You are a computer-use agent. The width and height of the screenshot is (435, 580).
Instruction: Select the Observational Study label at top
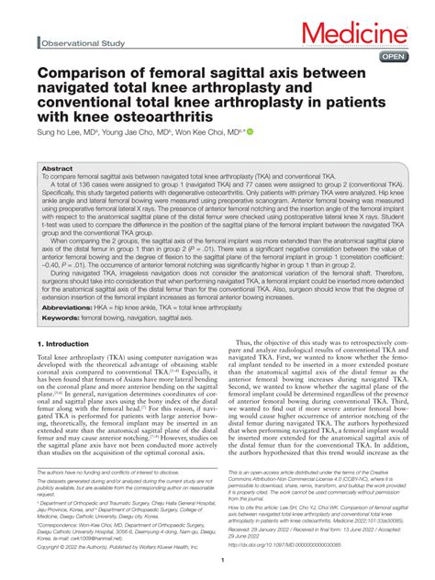80,43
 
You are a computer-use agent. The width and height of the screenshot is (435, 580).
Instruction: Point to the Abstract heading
57,170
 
